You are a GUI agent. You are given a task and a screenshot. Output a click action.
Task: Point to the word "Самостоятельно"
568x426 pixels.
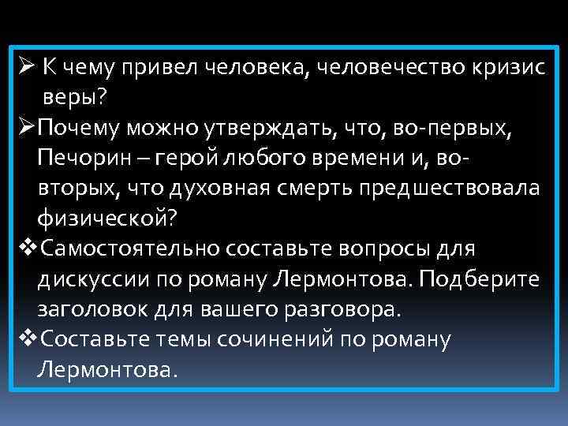(x=128, y=248)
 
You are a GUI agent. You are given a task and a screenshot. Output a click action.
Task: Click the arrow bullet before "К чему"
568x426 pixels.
(x=24, y=68)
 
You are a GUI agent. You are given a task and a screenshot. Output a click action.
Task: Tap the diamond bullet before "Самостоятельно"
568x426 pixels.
(x=25, y=248)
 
